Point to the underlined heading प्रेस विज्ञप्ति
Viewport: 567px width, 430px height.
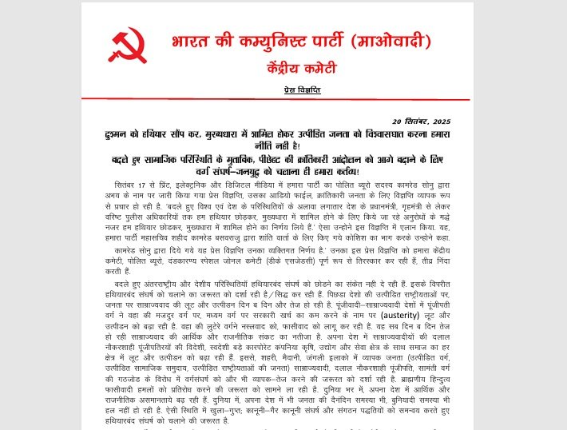click(x=301, y=90)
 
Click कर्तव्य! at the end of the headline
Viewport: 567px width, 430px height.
click(x=343, y=172)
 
